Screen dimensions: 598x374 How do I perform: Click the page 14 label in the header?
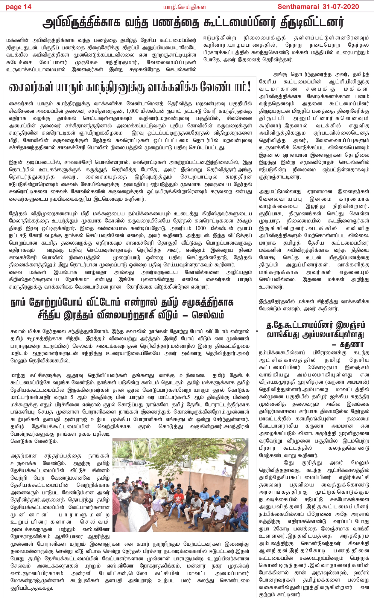pos(19,7)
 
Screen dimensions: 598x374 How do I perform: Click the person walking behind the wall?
pos(225,472)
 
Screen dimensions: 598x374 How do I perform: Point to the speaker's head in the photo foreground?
pos(139,495)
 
